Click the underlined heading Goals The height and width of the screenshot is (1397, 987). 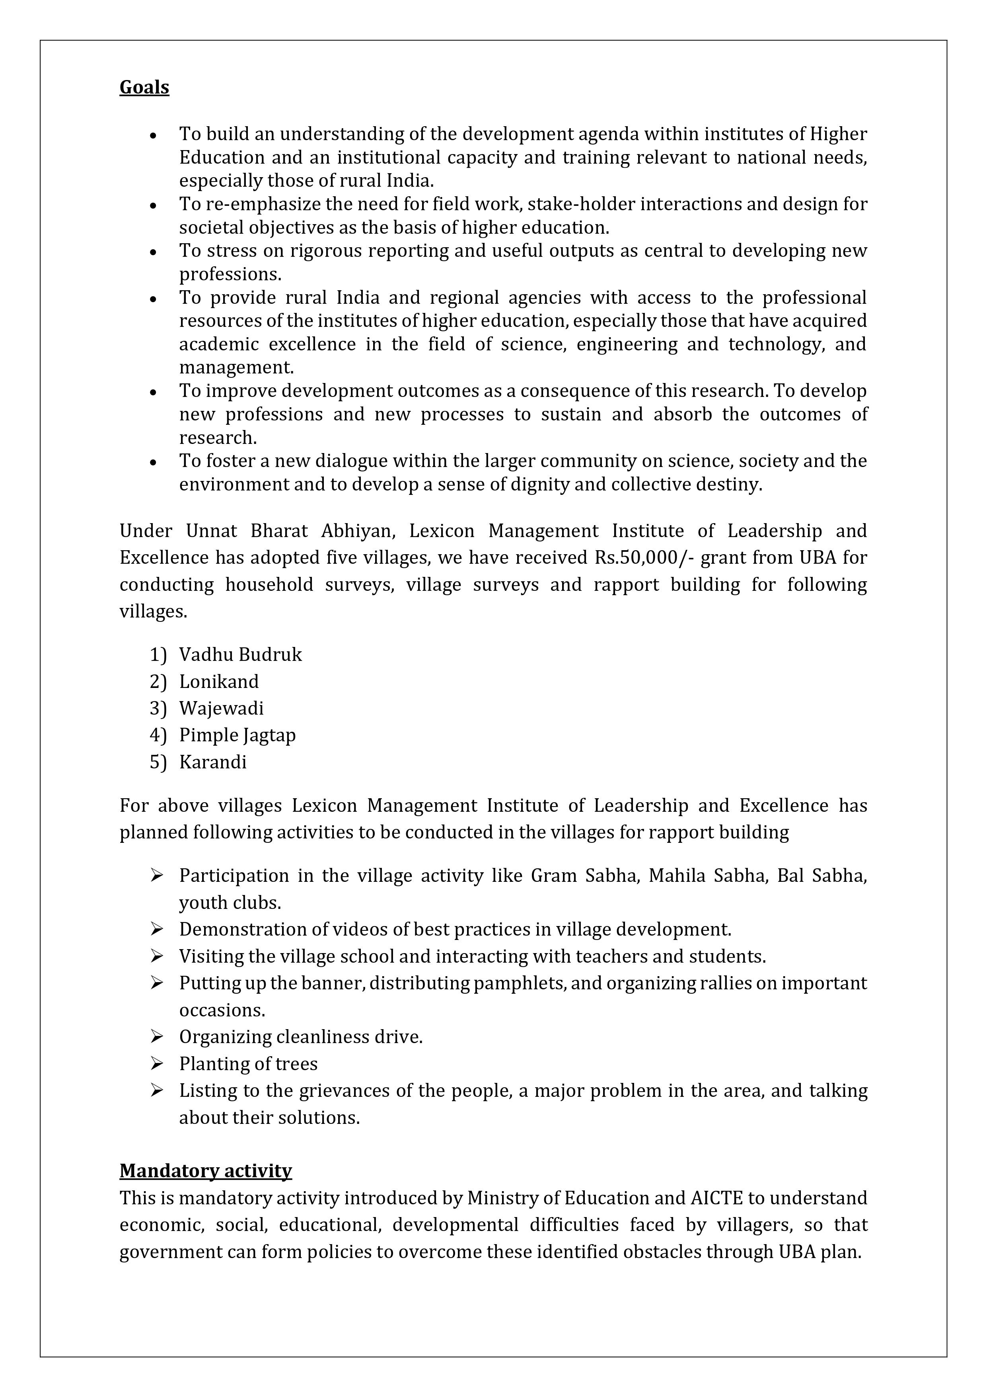point(144,88)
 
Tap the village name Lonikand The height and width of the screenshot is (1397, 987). point(219,682)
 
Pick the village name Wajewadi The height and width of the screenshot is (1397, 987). point(221,708)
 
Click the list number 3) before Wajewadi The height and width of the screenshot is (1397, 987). point(158,708)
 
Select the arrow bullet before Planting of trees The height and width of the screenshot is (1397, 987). point(157,1063)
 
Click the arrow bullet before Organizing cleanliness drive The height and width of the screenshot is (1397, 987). point(157,1037)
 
